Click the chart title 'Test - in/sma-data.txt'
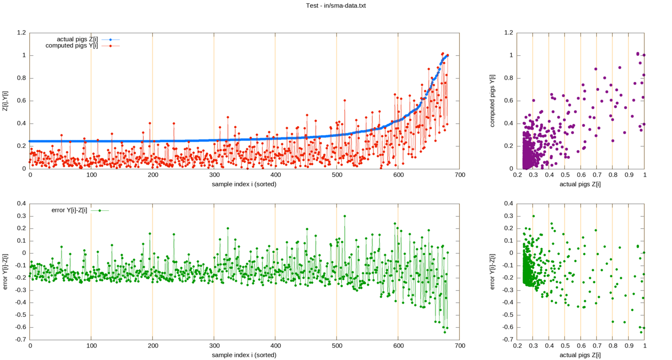[336, 5]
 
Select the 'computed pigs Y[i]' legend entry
[72, 46]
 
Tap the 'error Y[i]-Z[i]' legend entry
[69, 210]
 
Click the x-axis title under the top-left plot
[244, 184]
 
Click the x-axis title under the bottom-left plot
[244, 355]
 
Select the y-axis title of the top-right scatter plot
[492, 100]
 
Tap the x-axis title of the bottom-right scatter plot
[581, 355]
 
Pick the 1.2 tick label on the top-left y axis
[21, 33]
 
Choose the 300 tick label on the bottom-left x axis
[214, 346]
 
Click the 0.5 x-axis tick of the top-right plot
[564, 176]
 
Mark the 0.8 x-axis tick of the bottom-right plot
[612, 346]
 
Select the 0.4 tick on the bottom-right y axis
[508, 203]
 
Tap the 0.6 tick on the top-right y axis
[508, 101]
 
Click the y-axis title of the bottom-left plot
[5, 271]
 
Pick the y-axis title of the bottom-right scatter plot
[492, 271]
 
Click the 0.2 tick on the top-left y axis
[21, 146]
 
